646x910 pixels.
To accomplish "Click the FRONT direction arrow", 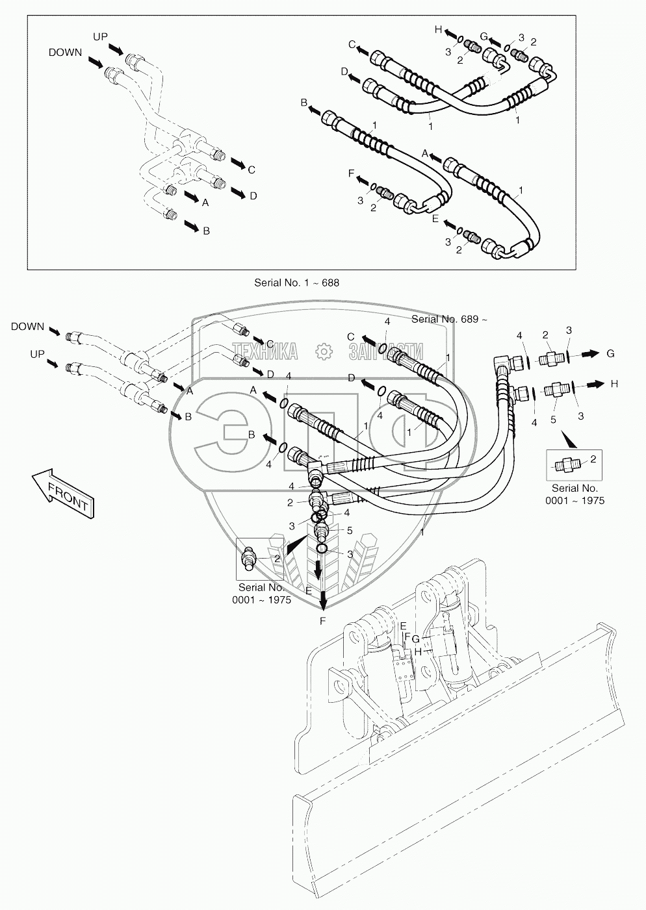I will (63, 493).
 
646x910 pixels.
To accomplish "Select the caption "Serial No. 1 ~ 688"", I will (296, 283).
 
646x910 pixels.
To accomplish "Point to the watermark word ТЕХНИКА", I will (265, 351).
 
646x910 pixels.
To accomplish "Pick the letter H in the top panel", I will (437, 29).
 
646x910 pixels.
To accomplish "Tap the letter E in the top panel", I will (436, 218).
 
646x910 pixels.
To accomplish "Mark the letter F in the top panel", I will (351, 173).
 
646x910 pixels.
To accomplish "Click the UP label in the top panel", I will (100, 37).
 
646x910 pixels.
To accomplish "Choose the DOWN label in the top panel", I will (65, 53).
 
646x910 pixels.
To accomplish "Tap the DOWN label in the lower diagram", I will (27, 327).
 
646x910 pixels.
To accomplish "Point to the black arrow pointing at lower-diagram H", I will (593, 384).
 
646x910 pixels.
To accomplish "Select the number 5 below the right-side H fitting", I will (553, 420).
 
